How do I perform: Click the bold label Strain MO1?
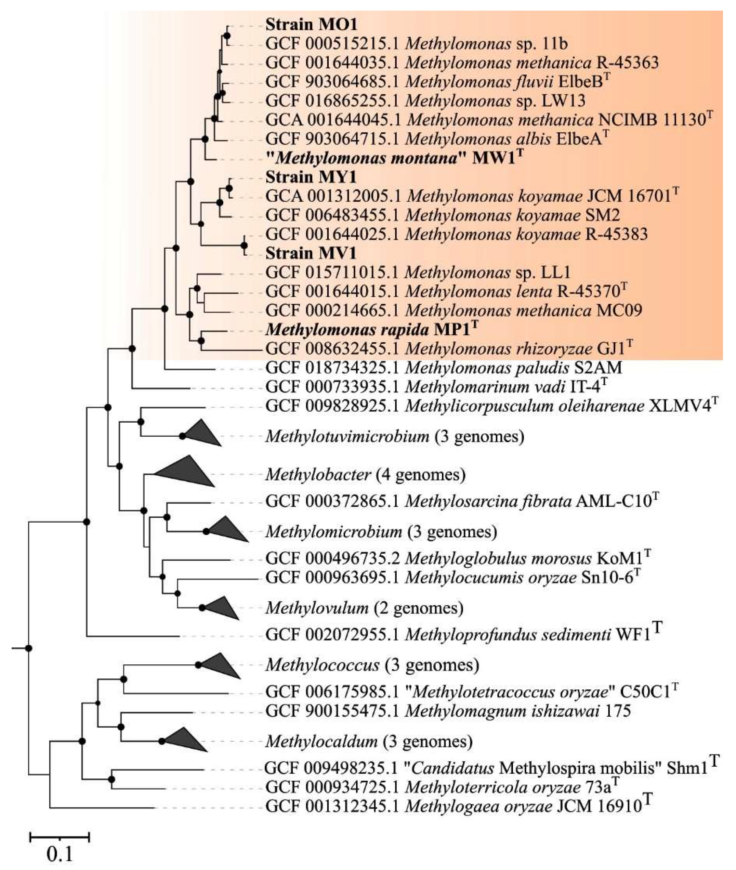point(311,25)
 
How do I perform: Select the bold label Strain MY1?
point(311,177)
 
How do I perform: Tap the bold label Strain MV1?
point(311,253)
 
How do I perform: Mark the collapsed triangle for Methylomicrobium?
point(227,530)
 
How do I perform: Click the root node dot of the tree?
point(28,648)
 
